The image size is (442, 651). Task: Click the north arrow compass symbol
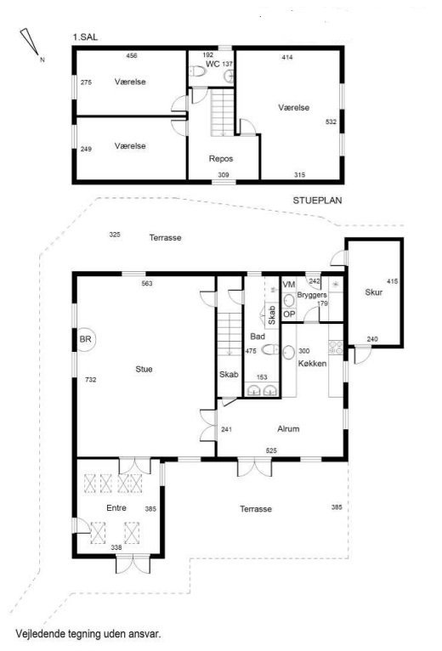[30, 42]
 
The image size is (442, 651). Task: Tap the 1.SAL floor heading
[85, 37]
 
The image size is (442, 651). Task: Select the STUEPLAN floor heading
[317, 201]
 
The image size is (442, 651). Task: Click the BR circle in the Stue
[85, 340]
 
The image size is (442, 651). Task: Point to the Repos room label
[221, 159]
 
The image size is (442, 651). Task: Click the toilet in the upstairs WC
[198, 72]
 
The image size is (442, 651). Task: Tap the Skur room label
[373, 292]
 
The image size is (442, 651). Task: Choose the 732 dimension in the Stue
[90, 380]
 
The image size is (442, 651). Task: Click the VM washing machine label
[289, 285]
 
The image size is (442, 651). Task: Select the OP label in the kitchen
[289, 314]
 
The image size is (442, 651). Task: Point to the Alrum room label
[288, 429]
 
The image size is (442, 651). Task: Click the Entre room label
[116, 507]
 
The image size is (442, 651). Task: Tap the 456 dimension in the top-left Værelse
[132, 55]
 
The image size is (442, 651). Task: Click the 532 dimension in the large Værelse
[331, 122]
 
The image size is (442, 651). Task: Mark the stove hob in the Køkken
[336, 347]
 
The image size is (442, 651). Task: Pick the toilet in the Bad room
[270, 349]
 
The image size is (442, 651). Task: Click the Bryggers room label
[312, 295]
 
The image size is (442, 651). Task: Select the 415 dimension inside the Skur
[392, 281]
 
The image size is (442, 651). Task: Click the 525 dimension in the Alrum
[271, 450]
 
